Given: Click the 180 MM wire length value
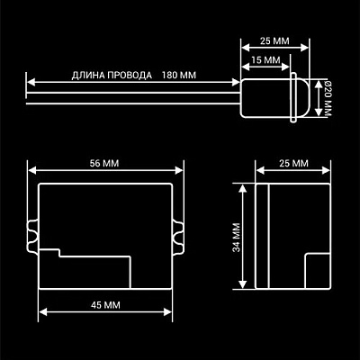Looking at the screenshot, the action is (x=179, y=75).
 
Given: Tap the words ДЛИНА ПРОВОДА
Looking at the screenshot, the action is (x=112, y=76).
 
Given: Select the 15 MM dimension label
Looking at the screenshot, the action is (x=265, y=60).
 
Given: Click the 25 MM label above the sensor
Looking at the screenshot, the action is (x=274, y=40).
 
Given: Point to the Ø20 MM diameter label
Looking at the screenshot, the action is (x=328, y=99).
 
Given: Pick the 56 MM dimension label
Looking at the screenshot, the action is (x=104, y=163).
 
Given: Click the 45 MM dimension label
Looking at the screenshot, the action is (x=105, y=305).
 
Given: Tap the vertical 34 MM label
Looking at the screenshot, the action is (x=237, y=238).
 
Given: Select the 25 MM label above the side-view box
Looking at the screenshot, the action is (x=293, y=163).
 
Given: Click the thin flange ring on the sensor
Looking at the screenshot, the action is (x=293, y=97).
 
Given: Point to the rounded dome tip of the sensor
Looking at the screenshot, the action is (x=303, y=98).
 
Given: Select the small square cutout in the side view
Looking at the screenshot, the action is (x=318, y=271).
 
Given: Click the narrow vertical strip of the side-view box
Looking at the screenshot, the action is (x=262, y=236).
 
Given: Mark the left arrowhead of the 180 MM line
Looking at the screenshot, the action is (x=31, y=82).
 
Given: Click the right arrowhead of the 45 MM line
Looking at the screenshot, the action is (x=167, y=312).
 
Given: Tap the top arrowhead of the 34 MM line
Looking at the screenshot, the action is (x=242, y=188).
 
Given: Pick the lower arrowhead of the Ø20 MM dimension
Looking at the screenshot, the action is (x=318, y=112).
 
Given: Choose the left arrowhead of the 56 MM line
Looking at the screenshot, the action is (x=32, y=170).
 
